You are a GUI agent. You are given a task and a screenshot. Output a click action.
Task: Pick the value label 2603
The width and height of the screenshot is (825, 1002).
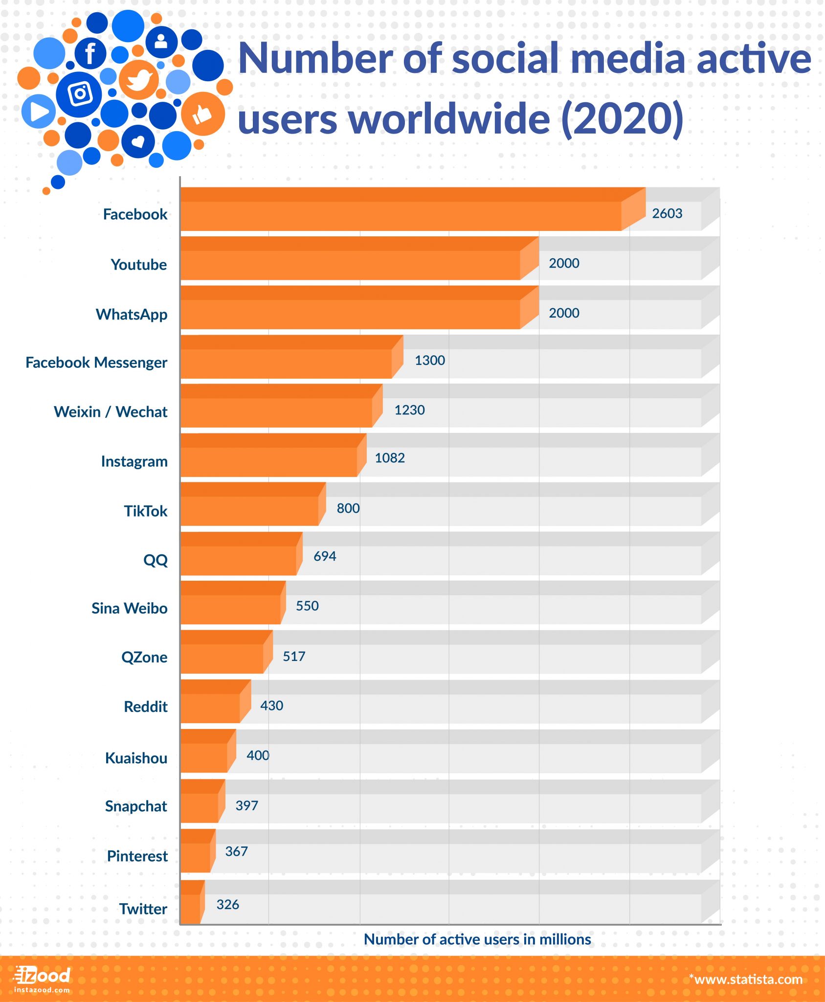[x=667, y=213]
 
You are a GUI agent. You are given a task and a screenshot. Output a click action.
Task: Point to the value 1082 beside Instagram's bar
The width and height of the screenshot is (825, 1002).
[x=390, y=458]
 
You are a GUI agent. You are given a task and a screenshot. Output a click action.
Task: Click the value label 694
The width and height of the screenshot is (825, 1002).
[x=325, y=556]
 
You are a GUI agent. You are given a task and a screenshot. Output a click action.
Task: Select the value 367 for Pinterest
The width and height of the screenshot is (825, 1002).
[x=236, y=852]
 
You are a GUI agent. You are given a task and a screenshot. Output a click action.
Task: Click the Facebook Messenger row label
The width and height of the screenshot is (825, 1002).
[x=96, y=363]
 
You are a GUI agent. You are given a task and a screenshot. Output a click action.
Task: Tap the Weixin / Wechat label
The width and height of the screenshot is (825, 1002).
[x=111, y=412]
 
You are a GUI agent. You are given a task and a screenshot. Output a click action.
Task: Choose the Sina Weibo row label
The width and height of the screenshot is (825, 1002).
[x=130, y=608]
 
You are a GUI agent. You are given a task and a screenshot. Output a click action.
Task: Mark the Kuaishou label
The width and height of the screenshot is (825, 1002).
[x=136, y=758]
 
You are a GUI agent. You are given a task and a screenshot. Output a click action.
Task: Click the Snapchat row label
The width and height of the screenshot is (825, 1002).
[x=136, y=806]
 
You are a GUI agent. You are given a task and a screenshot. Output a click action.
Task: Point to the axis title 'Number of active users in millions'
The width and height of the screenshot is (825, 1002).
[x=477, y=939]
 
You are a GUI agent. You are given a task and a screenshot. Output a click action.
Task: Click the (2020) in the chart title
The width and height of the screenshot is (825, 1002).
[x=622, y=119]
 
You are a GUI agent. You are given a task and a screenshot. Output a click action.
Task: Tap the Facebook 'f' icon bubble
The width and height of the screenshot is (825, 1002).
[x=90, y=53]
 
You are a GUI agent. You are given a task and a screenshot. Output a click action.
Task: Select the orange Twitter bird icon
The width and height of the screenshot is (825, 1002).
[x=139, y=80]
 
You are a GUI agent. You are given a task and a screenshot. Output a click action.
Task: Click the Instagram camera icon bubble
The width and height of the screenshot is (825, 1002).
[x=80, y=94]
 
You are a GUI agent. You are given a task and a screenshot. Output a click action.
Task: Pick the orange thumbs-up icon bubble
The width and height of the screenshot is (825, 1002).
[x=202, y=114]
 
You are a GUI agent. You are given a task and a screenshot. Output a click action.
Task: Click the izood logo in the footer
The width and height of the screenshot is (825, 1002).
[x=43, y=979]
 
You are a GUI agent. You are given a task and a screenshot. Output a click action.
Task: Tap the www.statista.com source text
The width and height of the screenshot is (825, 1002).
[x=746, y=979]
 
